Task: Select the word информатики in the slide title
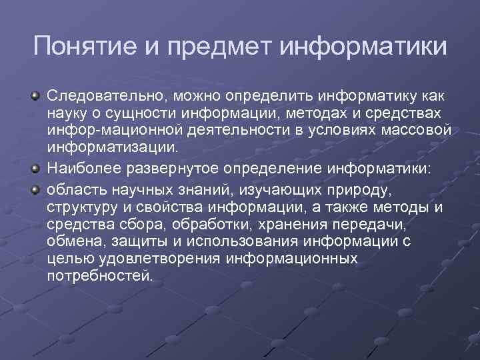(x=364, y=48)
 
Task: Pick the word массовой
(x=419, y=129)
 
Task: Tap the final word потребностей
(x=100, y=274)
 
